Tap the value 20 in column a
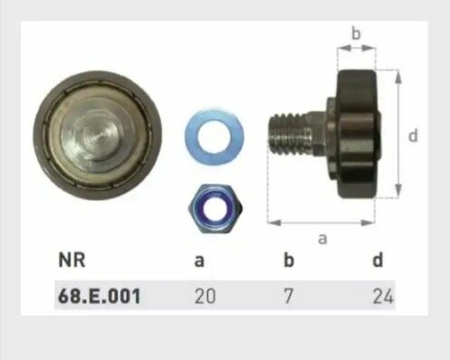[206, 295]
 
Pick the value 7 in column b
[289, 295]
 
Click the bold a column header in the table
[199, 261]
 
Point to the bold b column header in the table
[289, 261]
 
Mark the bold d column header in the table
[378, 261]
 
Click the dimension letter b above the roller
[356, 34]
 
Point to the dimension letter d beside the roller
[413, 136]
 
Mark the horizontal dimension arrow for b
[356, 50]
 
